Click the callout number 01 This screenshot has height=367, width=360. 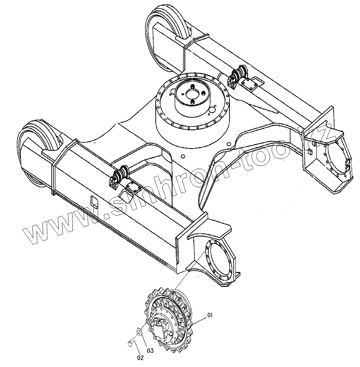coord(210,315)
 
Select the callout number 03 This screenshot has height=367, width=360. coord(150,351)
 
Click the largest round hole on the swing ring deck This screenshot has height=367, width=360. coord(212,110)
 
